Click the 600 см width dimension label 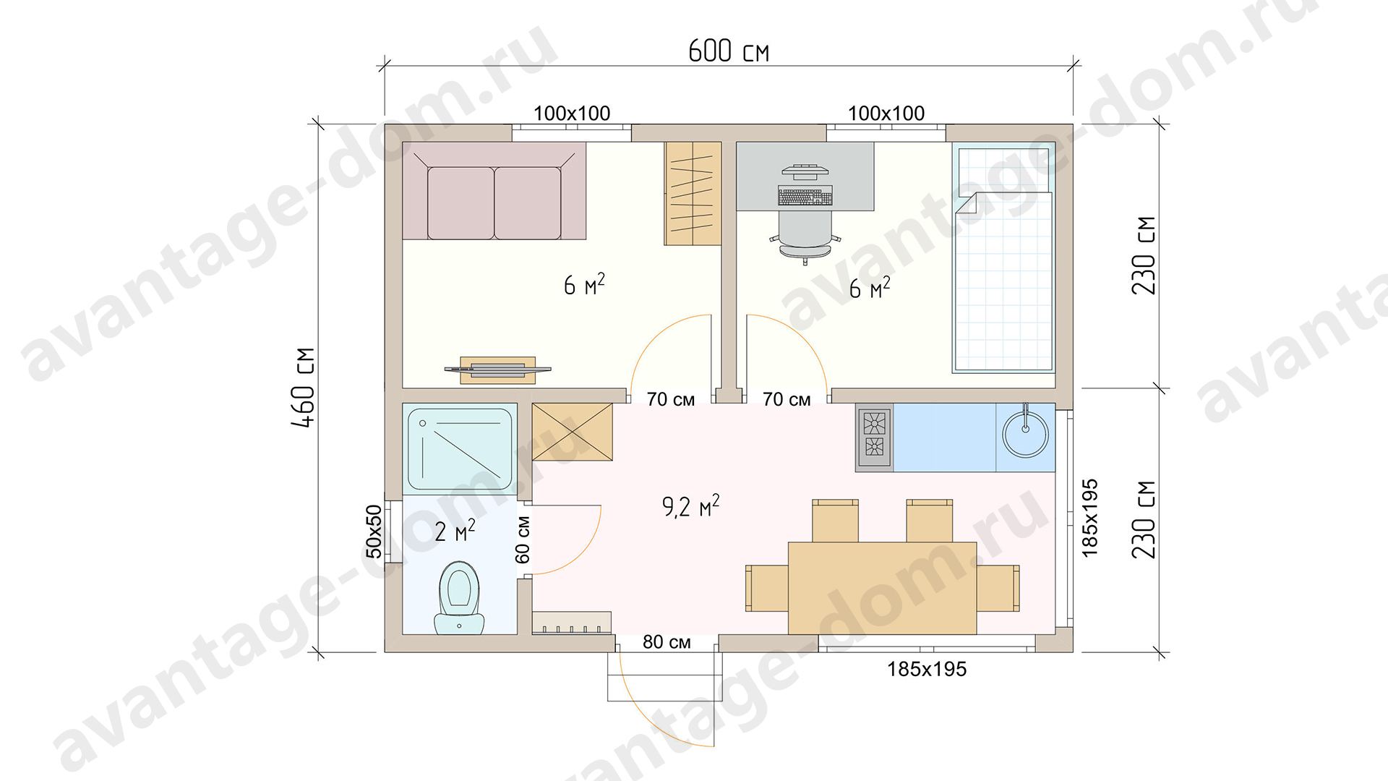click(x=729, y=51)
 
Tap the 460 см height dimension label click(x=304, y=387)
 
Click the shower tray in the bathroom click(x=460, y=449)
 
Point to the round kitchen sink click(x=1025, y=435)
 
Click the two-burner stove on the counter click(x=874, y=437)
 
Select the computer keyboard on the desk click(x=805, y=196)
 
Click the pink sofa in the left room click(x=494, y=191)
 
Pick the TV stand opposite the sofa click(x=498, y=370)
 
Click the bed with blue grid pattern click(x=1003, y=257)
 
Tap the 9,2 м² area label click(x=690, y=505)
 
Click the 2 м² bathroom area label click(x=455, y=531)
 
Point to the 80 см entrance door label click(x=667, y=642)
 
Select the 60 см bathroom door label click(x=523, y=539)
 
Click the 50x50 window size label click(x=374, y=532)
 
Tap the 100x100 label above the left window click(x=572, y=114)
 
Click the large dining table click(x=883, y=588)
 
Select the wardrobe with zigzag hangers click(x=693, y=193)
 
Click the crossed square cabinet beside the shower click(x=573, y=432)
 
